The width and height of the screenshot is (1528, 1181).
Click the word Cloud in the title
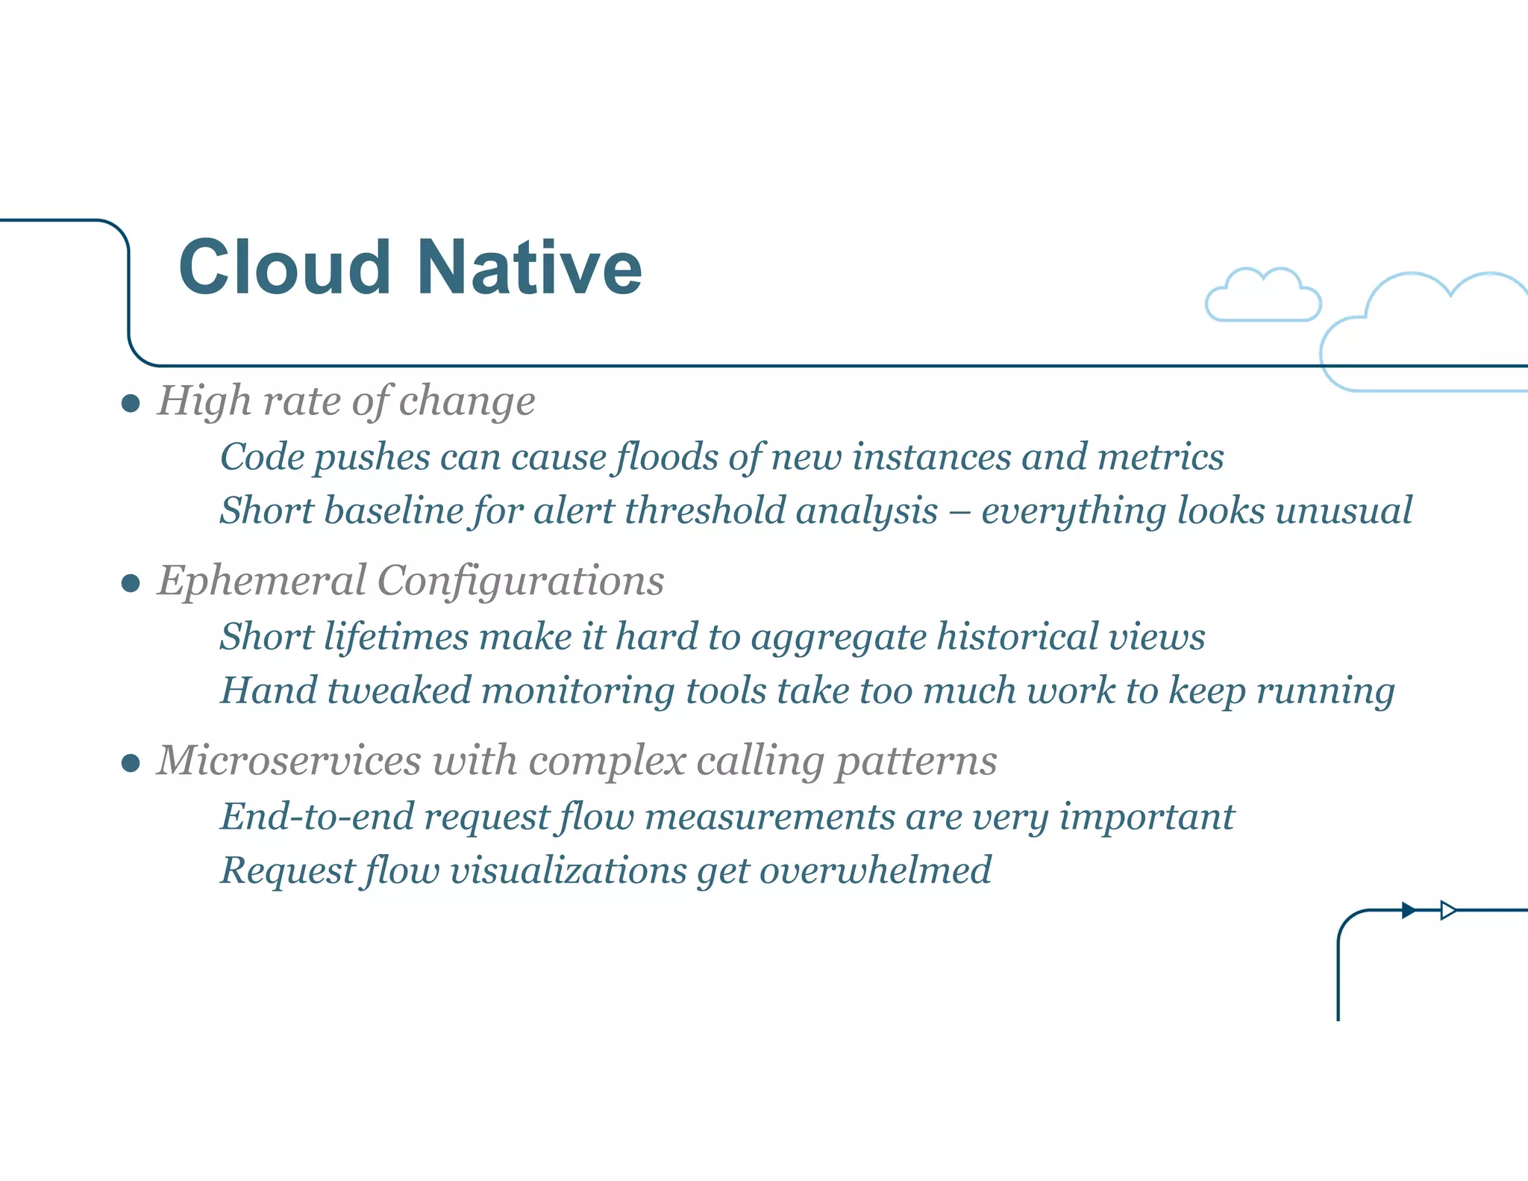(284, 268)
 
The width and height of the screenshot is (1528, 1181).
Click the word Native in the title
(529, 268)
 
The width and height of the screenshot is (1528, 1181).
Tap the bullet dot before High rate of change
(131, 404)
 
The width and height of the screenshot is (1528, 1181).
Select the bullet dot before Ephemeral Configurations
(131, 583)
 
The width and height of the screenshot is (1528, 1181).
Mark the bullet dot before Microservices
(131, 763)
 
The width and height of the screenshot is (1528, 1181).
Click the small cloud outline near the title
(1263, 297)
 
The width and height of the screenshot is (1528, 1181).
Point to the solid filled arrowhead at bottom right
(1408, 910)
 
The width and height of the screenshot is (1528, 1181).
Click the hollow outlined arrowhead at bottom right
(1448, 910)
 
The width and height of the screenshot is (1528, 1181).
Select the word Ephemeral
(262, 581)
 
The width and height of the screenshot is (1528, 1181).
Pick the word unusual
(1343, 511)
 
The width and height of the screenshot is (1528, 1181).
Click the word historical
(1018, 637)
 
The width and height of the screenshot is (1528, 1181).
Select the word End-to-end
(316, 816)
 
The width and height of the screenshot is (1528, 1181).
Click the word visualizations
(568, 870)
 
